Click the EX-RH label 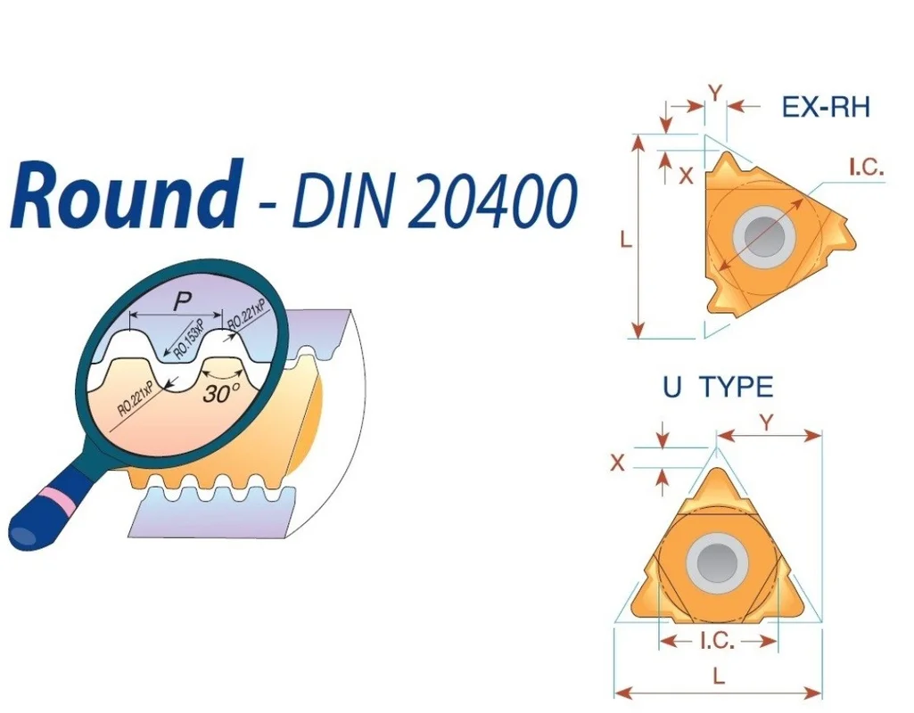[826, 107]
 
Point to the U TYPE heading [718, 387]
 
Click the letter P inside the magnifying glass [183, 302]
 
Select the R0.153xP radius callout [190, 340]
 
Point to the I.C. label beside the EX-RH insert [866, 168]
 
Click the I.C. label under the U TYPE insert [718, 641]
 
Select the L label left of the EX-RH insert [626, 239]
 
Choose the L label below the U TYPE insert [719, 676]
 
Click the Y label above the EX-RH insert [715, 93]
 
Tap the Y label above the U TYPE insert [767, 422]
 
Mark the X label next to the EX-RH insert [687, 175]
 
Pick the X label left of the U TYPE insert [617, 463]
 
